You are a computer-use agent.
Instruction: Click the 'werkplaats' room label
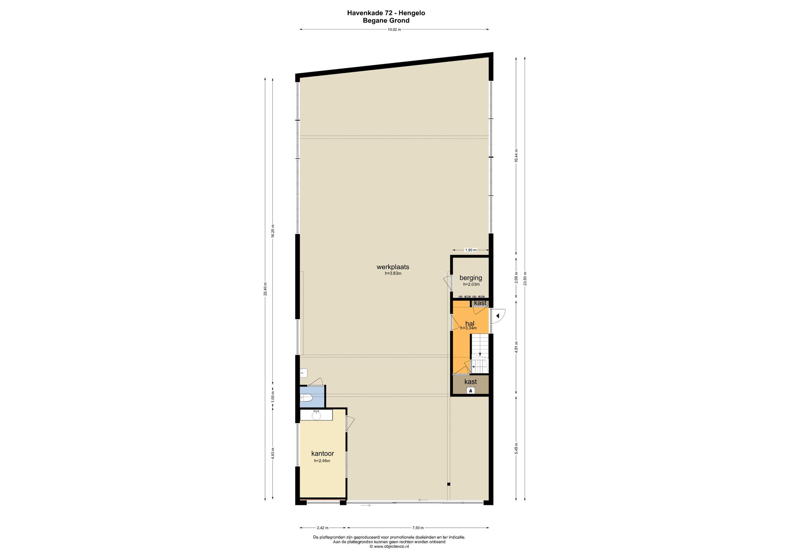point(393,267)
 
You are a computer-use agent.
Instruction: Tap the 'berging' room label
point(471,278)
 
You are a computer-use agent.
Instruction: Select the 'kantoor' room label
point(322,454)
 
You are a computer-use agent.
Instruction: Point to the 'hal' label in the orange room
point(469,324)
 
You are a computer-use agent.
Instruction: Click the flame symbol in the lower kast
point(471,391)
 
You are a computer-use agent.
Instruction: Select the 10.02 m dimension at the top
point(394,29)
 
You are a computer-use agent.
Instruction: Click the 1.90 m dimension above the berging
point(471,250)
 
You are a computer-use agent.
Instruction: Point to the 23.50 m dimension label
point(525,278)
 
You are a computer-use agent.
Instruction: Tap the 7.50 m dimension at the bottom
point(418,528)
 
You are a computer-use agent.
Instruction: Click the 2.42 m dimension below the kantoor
point(322,528)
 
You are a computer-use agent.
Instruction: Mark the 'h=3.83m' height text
point(393,273)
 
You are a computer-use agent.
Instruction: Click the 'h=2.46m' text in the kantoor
point(322,461)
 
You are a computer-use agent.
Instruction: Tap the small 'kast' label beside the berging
point(480,303)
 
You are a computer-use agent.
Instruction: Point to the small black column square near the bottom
point(449,484)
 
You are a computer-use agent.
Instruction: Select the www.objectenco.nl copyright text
point(389,546)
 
